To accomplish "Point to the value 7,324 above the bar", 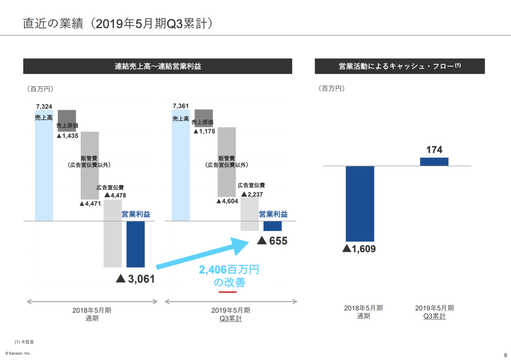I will (43, 106).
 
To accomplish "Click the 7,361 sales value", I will (180, 106).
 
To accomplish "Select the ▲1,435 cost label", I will (69, 134).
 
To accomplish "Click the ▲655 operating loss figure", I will (271, 240).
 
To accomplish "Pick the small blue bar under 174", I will (434, 160).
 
